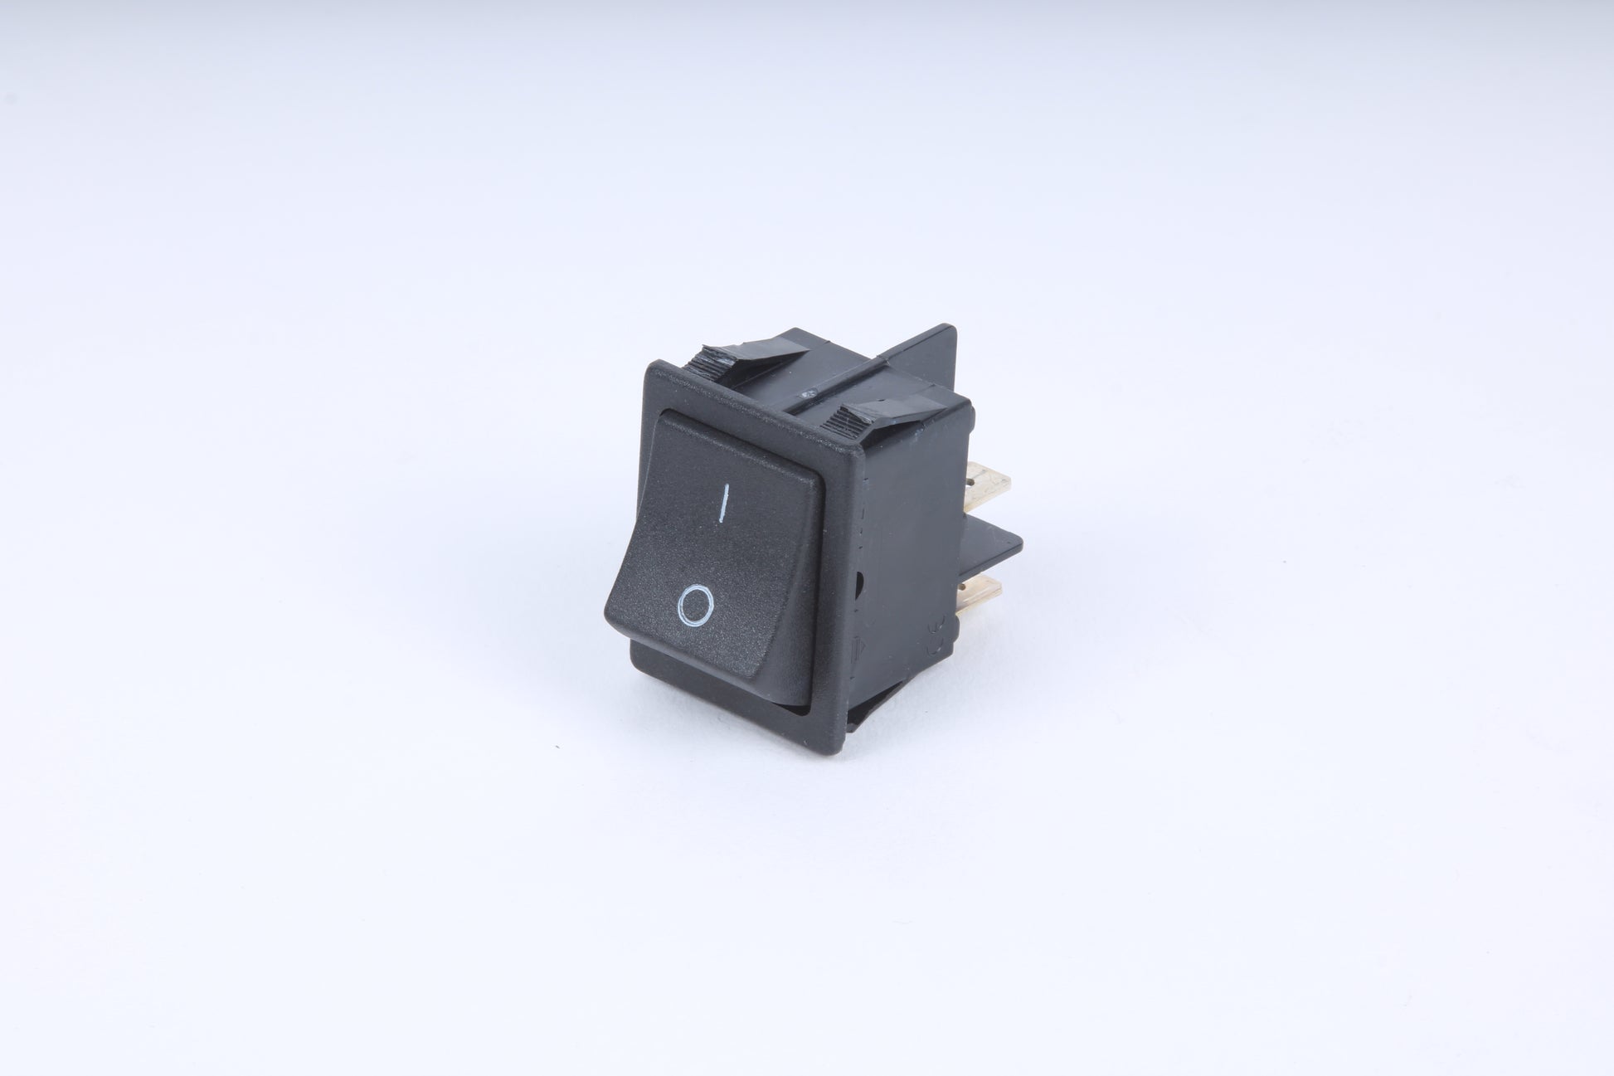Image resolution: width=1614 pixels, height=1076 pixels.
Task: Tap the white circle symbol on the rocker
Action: coord(693,603)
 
